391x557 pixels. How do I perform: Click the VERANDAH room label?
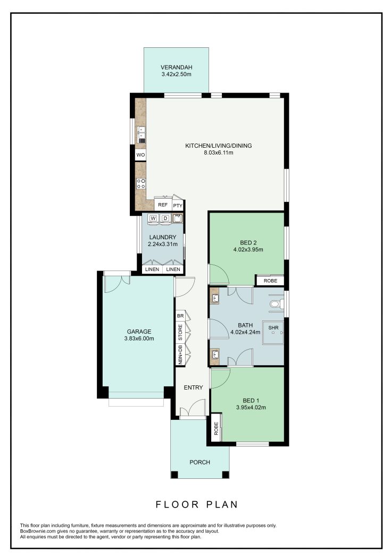point(176,67)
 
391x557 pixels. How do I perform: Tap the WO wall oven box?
point(141,155)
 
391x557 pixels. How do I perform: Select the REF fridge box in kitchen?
point(163,205)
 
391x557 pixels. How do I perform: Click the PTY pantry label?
point(178,206)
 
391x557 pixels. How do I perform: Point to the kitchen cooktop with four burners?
point(141,183)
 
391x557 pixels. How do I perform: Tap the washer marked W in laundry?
point(153,218)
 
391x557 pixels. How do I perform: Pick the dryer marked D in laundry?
point(165,218)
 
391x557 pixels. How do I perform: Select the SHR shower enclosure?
point(273,333)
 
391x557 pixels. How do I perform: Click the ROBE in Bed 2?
point(270,281)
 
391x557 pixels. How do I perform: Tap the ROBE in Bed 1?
point(216,428)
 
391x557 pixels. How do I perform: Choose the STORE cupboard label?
point(180,332)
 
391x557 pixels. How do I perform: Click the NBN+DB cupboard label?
point(180,355)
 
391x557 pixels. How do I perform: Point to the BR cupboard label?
point(180,316)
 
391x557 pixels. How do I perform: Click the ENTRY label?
point(193,387)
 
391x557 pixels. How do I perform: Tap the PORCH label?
point(200,462)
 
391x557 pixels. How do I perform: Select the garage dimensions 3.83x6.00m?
point(139,339)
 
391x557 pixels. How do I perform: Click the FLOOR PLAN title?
point(197,504)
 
